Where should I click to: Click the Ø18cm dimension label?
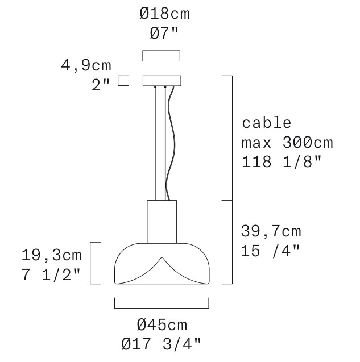click(165, 14)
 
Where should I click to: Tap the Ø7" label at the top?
click(164, 33)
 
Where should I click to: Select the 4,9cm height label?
click(86, 65)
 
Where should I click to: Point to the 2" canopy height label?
click(101, 85)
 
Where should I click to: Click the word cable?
click(266, 123)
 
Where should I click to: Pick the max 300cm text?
click(287, 143)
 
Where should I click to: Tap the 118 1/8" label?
click(282, 161)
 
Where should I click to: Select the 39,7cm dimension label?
click(271, 231)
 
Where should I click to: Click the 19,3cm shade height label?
click(52, 255)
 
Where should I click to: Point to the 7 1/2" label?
click(51, 274)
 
